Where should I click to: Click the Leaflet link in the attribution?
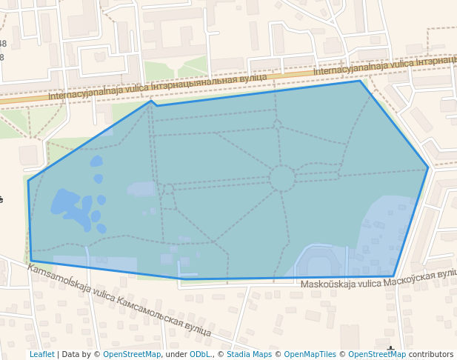click(41, 354)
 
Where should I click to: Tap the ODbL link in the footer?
click(200, 354)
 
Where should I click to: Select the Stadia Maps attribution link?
click(249, 354)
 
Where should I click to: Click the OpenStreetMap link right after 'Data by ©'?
click(132, 354)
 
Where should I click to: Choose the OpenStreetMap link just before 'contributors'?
click(377, 354)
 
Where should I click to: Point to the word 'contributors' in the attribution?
click(431, 354)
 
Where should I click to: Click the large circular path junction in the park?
click(281, 179)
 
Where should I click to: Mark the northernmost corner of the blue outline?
click(361, 81)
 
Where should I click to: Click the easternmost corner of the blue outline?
click(428, 168)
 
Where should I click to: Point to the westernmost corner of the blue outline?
click(28, 181)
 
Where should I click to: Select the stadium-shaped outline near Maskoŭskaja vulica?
click(320, 264)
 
